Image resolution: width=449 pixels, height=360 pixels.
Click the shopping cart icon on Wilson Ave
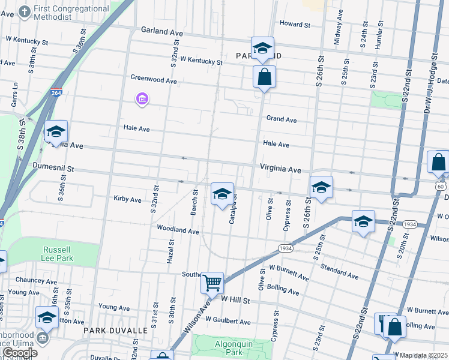[212, 283]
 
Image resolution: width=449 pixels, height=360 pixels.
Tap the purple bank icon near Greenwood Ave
[142, 99]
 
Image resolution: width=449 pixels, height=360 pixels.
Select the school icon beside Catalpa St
[222, 194]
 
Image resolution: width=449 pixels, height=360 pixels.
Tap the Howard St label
[295, 25]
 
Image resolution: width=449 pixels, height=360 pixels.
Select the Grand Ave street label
[282, 120]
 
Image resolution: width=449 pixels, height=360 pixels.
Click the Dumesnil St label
[53, 170]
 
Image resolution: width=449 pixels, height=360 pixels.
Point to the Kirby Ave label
[127, 199]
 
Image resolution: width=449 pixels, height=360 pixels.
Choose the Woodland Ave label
[178, 230]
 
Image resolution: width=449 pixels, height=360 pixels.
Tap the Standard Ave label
[339, 271]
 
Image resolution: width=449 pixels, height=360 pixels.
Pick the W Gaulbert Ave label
[228, 322]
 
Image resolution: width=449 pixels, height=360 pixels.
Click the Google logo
[19, 353]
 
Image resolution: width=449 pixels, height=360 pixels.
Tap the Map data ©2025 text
[424, 355]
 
